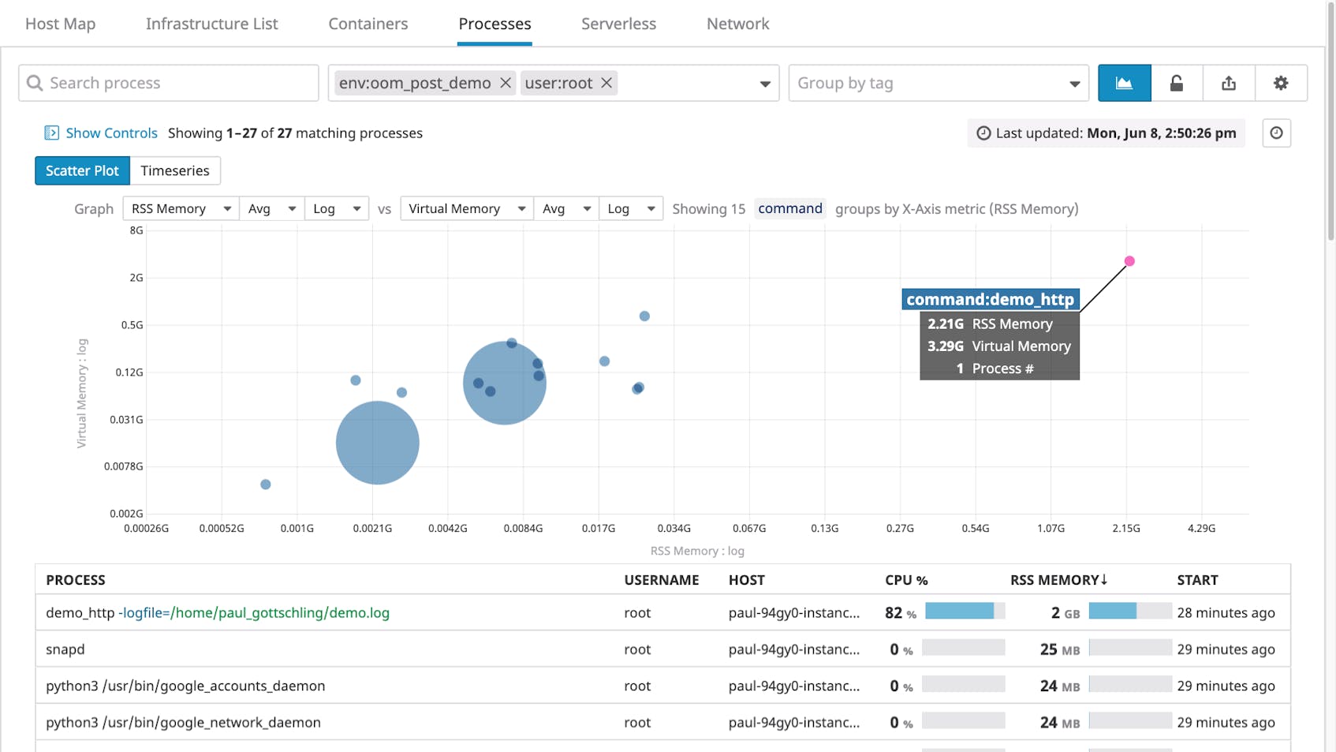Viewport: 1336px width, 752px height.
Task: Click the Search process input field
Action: coord(169,83)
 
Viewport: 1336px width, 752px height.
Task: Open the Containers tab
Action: coord(368,24)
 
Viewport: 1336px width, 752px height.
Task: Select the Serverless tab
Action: coord(618,24)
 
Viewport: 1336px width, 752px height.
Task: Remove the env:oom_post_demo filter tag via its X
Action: coord(506,83)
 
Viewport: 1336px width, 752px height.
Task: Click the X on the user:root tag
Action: coord(606,83)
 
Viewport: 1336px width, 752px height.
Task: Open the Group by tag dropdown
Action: coord(939,83)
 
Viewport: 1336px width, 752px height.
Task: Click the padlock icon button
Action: coord(1177,83)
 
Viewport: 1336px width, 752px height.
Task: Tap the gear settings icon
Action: coord(1281,83)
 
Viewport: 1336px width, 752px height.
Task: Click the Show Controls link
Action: coord(111,133)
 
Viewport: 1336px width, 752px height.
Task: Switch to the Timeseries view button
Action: coord(175,170)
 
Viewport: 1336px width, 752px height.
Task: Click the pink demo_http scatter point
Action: coord(1129,261)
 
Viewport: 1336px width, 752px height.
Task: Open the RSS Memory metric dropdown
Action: coord(181,208)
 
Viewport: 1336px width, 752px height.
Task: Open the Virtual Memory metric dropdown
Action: coord(466,208)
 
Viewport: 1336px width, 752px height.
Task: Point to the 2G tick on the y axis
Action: coord(136,278)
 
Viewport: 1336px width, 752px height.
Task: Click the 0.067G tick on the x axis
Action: coord(749,528)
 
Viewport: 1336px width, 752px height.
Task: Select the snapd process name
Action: coord(65,649)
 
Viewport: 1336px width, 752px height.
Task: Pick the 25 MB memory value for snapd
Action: coord(1059,649)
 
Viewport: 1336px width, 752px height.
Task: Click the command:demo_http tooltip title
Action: coord(990,299)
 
